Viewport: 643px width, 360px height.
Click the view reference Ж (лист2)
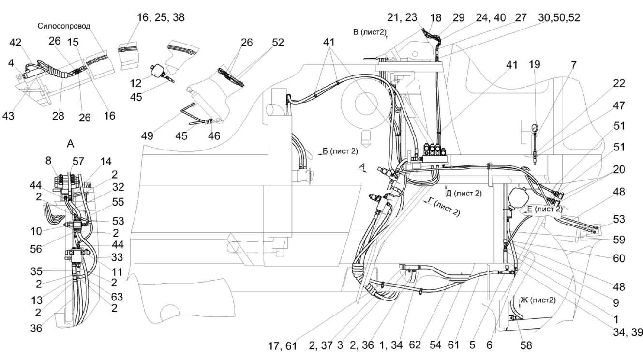(537, 300)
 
